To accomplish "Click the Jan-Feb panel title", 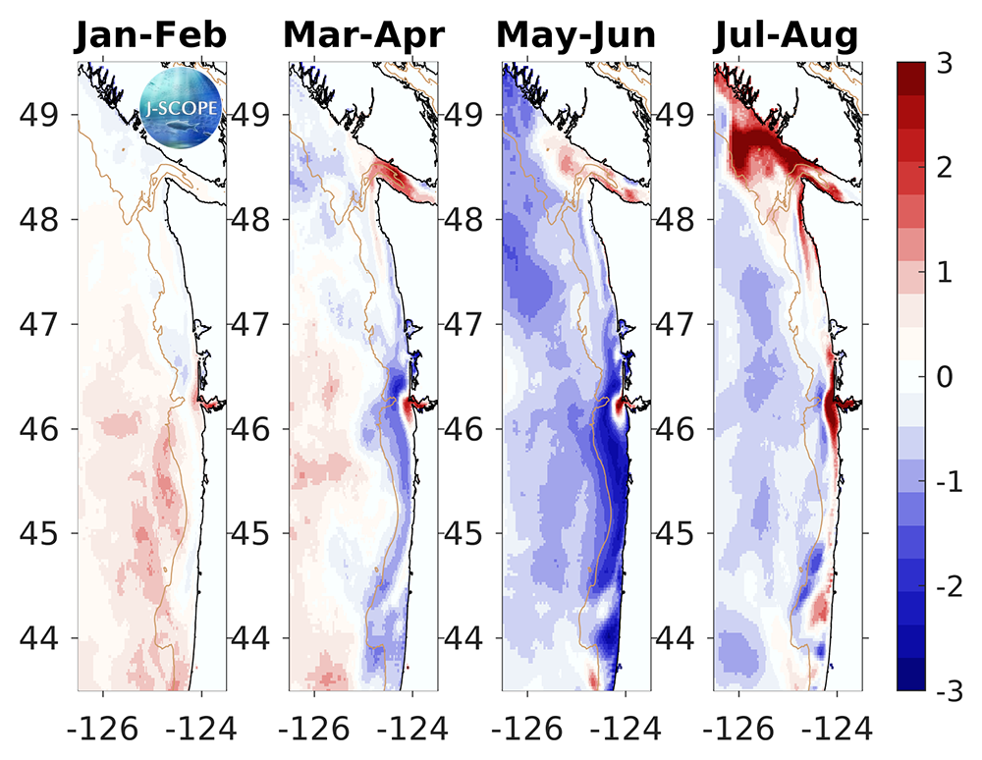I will tap(152, 35).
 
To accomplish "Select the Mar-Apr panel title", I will tap(364, 35).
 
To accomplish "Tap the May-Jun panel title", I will tap(576, 35).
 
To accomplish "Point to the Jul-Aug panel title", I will tap(786, 35).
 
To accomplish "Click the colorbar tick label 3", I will tap(944, 64).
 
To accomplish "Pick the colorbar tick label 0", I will tap(944, 377).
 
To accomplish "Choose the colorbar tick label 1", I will tap(944, 273).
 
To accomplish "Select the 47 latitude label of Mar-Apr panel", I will tap(252, 324).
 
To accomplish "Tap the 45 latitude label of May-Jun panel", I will tap(465, 533).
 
